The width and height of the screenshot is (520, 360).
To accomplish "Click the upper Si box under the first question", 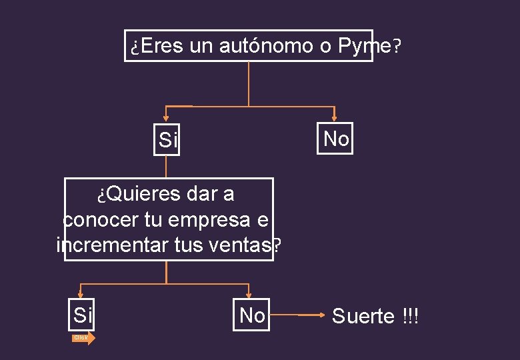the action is coord(167,139).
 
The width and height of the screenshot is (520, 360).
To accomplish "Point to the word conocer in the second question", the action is coord(101,220).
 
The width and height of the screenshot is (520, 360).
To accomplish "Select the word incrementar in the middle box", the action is coord(104,245).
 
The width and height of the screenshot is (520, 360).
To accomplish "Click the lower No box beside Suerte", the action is coord(251,315).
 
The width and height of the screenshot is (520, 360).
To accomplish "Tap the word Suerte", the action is coord(363,316).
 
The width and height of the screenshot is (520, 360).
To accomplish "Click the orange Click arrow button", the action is coord(83,338).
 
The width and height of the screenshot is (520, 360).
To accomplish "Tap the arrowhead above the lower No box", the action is coord(249,294).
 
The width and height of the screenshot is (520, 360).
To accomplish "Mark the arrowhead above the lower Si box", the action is coord(80,294).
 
